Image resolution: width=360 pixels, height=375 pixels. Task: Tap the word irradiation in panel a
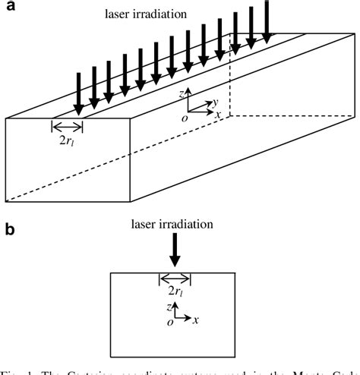click(169, 15)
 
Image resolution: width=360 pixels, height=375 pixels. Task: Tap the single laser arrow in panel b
click(175, 249)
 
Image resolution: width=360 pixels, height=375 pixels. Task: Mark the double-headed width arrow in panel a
click(67, 127)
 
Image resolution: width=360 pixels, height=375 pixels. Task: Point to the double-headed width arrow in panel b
click(175, 278)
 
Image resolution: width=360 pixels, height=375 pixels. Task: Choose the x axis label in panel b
click(196, 320)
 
